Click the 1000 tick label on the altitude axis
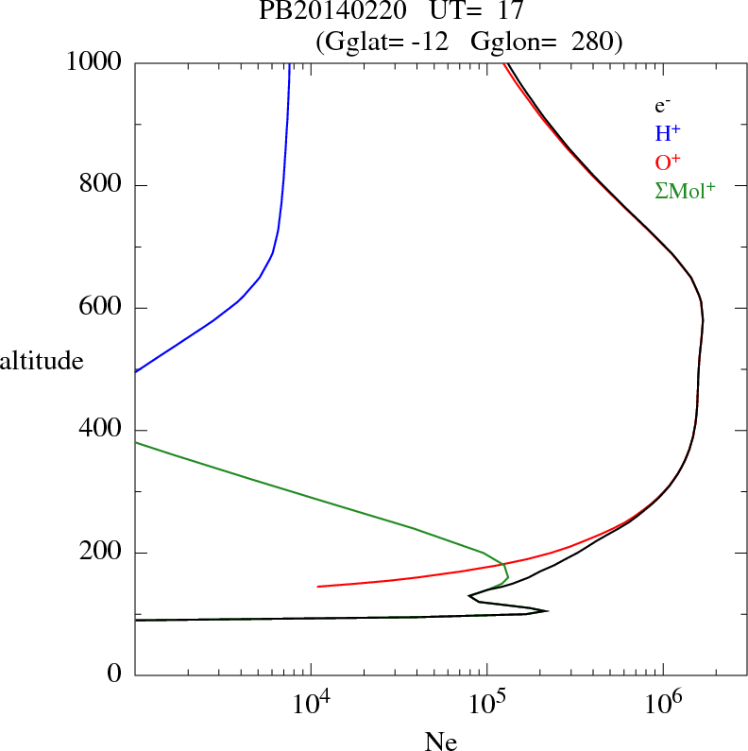coord(94,62)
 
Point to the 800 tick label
coord(101,185)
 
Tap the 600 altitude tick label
coord(101,308)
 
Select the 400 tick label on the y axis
coord(101,431)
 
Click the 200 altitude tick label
coord(101,553)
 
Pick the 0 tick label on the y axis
coord(114,675)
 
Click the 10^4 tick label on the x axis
coord(311,703)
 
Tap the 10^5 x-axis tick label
coord(486,703)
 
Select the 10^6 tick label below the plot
coord(663,703)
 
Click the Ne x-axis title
coord(440,742)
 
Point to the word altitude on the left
coord(48,361)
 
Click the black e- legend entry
coord(662,107)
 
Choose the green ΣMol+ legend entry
coord(685,190)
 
